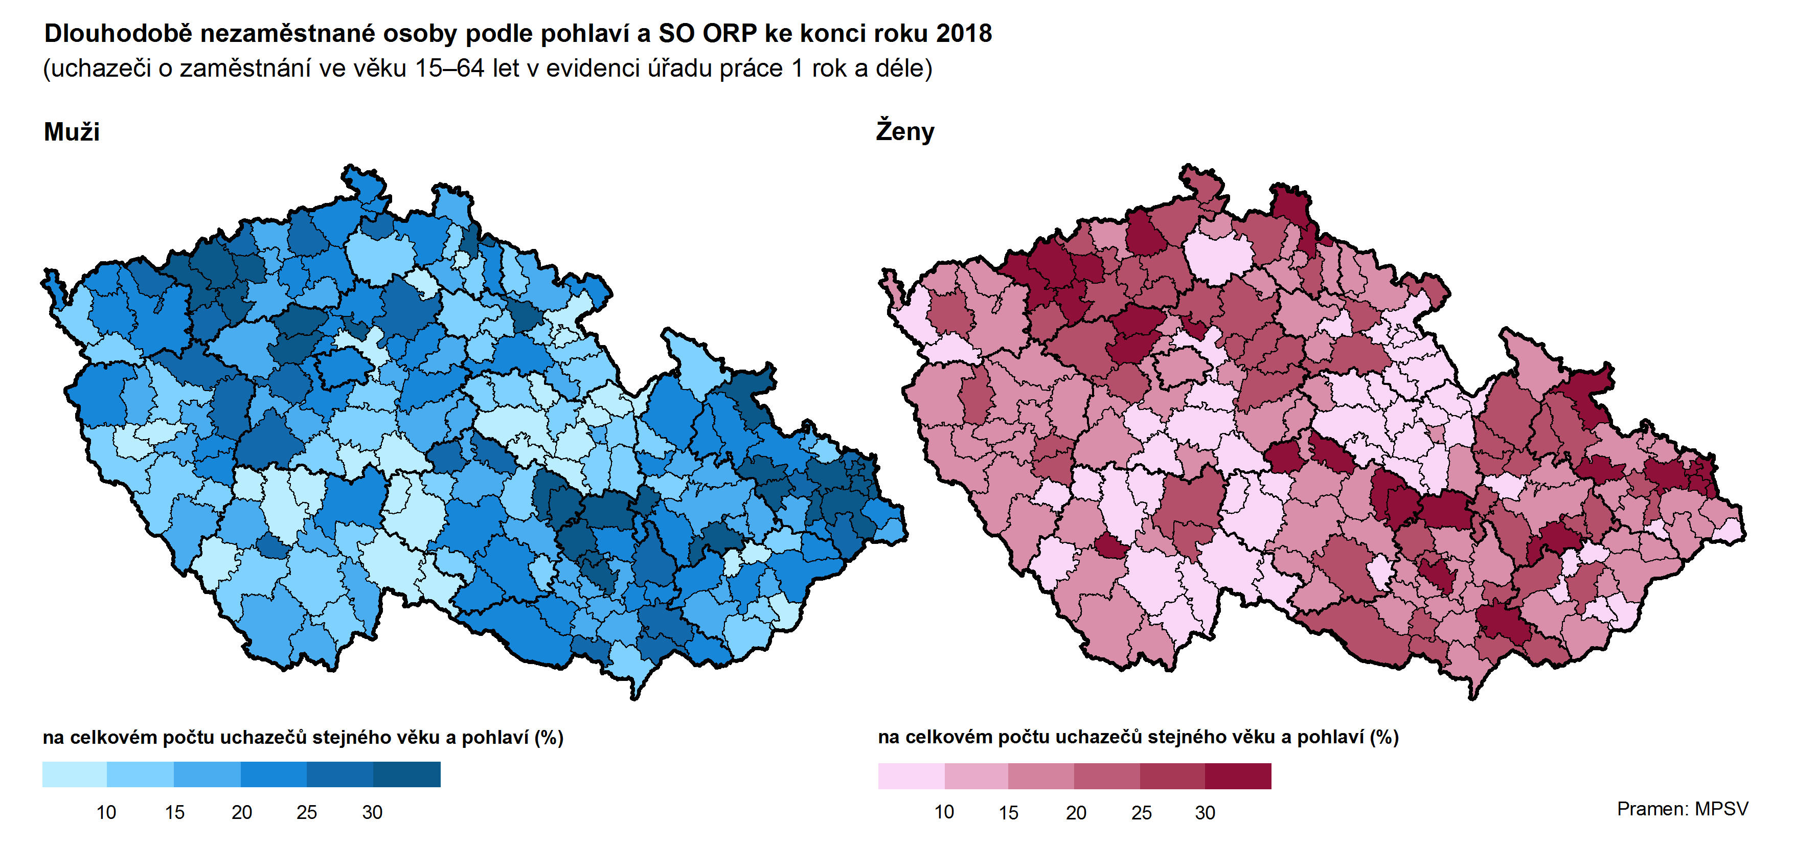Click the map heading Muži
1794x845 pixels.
[x=72, y=132]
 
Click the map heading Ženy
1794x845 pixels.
[x=904, y=132]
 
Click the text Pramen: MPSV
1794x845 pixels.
[x=1682, y=809]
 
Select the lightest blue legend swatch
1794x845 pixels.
[x=75, y=774]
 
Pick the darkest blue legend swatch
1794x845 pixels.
[x=407, y=774]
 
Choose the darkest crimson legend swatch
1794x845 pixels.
[x=1238, y=776]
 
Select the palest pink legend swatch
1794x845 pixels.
[x=911, y=776]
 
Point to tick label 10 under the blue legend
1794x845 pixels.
[x=106, y=812]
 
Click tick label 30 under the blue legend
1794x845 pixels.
[x=372, y=812]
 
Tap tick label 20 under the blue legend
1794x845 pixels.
[x=242, y=812]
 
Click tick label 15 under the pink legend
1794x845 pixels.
[x=1008, y=813]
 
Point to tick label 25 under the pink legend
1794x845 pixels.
[x=1141, y=813]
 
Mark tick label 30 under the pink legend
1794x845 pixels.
[x=1205, y=813]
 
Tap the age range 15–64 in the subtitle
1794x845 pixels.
[x=449, y=68]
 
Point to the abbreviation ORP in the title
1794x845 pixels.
[x=729, y=33]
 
